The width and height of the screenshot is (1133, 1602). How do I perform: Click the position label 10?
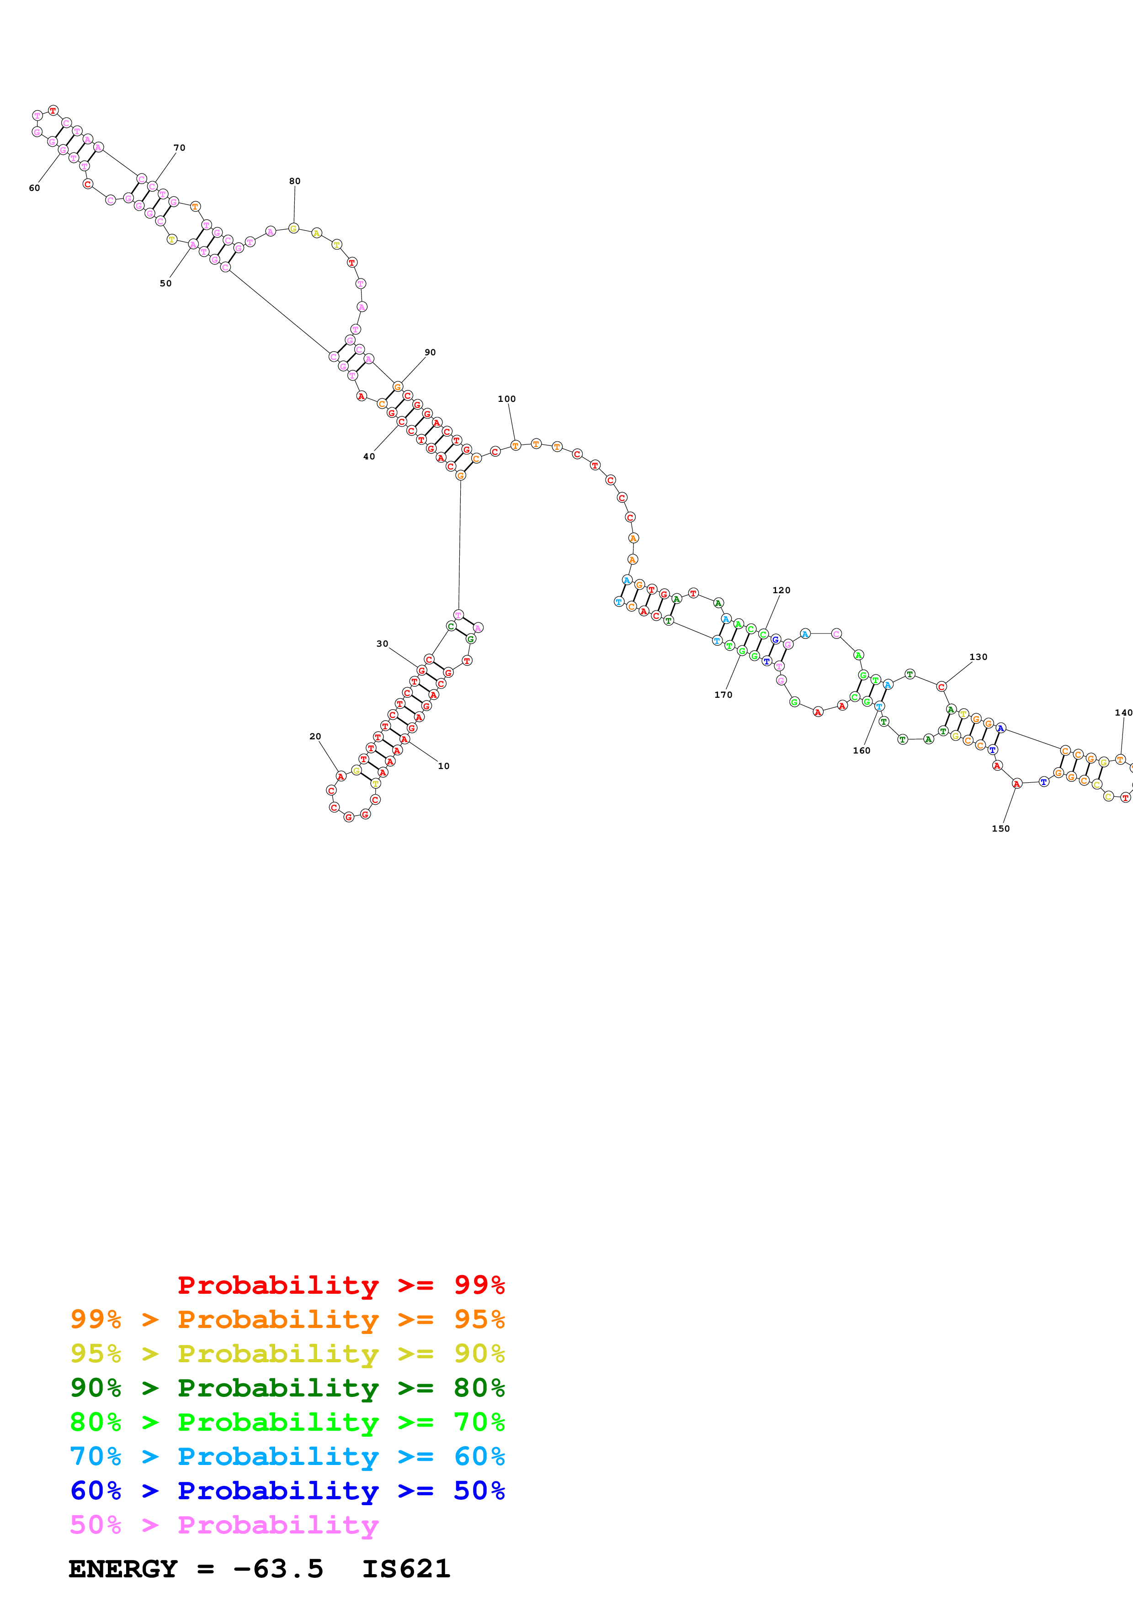tap(443, 766)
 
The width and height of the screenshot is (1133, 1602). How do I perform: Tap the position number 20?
tap(315, 736)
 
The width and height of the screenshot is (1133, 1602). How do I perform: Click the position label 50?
tap(165, 283)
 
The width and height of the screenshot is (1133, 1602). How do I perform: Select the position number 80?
tap(295, 181)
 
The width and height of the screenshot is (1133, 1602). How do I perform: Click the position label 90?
tap(430, 353)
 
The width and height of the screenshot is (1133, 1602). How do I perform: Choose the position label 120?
tap(781, 590)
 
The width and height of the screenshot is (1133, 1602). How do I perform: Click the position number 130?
tap(978, 657)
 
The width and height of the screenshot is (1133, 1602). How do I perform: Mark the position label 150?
tap(1000, 828)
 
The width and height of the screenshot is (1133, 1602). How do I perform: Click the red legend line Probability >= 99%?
tap(340, 1285)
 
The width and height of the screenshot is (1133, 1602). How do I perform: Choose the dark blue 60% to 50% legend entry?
tap(287, 1491)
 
